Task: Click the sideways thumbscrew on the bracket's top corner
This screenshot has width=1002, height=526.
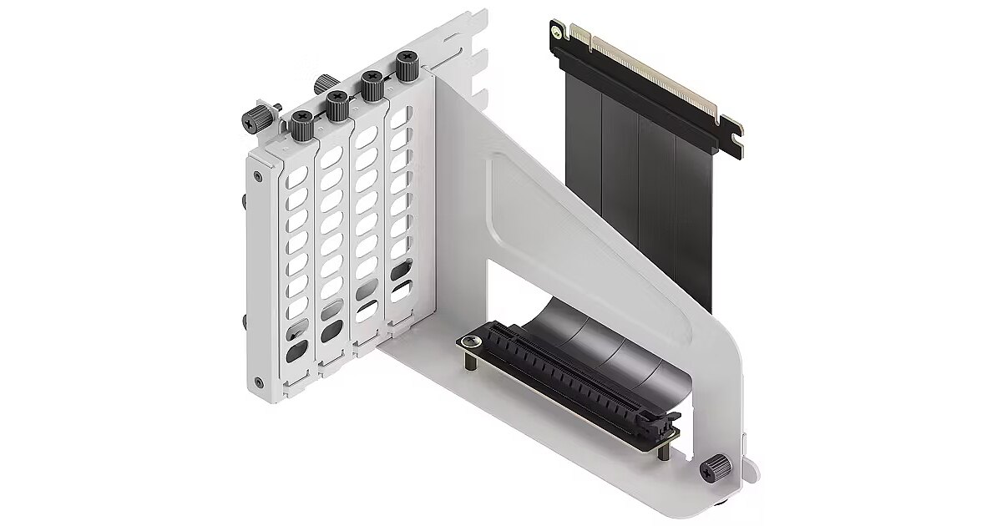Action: coord(250,120)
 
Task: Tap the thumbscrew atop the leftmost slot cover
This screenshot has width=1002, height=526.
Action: coord(301,125)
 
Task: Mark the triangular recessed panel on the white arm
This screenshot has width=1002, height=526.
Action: coord(584,234)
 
